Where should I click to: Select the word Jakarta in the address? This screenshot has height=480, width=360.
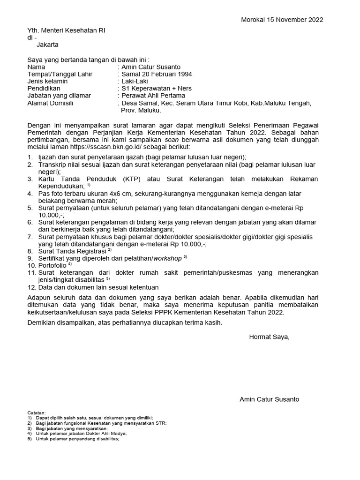[x=48, y=45]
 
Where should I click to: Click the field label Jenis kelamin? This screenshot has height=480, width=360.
[x=48, y=81]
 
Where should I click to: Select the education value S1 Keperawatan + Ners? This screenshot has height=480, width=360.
[x=157, y=89]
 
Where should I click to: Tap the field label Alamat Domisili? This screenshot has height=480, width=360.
[x=51, y=103]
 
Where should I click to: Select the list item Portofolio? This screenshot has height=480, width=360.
[x=54, y=265]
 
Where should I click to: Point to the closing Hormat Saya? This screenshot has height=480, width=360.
[x=269, y=337]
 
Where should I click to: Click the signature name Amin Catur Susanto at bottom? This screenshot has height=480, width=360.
[x=269, y=399]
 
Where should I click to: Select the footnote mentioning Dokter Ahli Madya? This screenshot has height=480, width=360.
[x=75, y=434]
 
